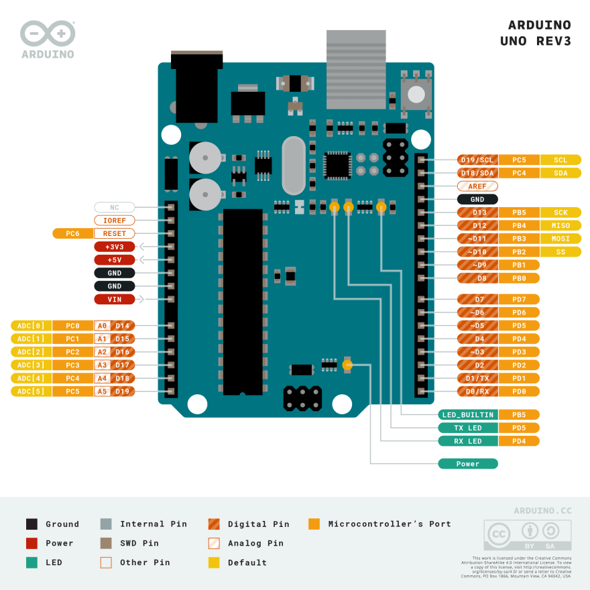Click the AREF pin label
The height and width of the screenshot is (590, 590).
(477, 186)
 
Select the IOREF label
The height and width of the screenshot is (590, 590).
(115, 220)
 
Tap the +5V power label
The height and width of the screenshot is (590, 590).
(115, 259)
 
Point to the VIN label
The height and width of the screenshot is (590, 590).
(115, 299)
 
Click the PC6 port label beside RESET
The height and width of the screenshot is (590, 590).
(73, 233)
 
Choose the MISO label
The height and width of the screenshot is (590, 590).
(560, 225)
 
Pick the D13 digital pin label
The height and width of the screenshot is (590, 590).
(477, 213)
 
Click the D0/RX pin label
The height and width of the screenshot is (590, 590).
(477, 391)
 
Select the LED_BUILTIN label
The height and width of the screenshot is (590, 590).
(468, 415)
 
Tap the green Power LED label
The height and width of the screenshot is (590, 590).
(468, 464)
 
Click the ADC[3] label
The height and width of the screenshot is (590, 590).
(32, 365)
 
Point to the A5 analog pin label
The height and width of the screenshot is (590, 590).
(102, 391)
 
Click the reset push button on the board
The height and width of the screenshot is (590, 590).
(416, 93)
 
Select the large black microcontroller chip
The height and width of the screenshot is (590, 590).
(243, 302)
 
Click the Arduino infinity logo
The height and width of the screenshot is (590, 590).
(48, 33)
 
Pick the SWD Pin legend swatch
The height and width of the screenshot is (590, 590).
(106, 543)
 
